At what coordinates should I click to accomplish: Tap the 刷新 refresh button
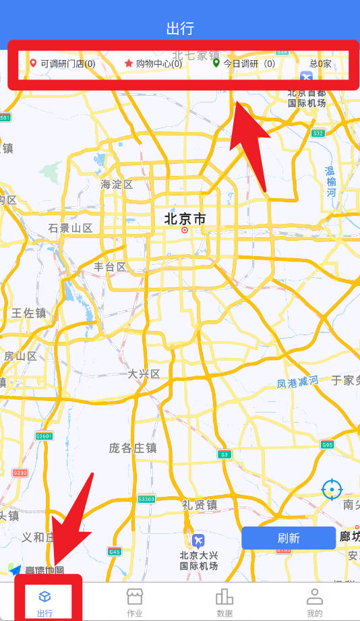pos(289,538)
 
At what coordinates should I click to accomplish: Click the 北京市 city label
pos(185,218)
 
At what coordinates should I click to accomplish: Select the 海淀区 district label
pos(117,184)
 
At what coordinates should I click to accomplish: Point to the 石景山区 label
pos(70,228)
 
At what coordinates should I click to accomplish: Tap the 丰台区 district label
pos(110,267)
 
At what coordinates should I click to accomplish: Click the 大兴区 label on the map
pos(144,374)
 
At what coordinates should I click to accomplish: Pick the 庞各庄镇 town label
pos(133,448)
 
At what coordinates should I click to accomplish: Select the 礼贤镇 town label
pos(199,504)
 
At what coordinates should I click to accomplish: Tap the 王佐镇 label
pos(29,313)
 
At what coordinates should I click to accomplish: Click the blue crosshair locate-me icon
pos(331,489)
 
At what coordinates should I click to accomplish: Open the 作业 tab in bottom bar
pos(135,602)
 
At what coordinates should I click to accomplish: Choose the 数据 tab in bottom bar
pos(224,602)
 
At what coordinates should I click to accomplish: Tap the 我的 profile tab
pos(314,602)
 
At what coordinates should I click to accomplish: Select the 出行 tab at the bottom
pos(45,602)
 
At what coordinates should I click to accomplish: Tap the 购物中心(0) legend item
pos(153,64)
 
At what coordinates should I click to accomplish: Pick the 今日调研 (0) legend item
pos(244,64)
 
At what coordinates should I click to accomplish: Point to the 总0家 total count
pos(320,64)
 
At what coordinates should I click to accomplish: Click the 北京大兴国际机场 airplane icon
pos(198,541)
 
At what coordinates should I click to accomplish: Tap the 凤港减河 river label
pos(297,382)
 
